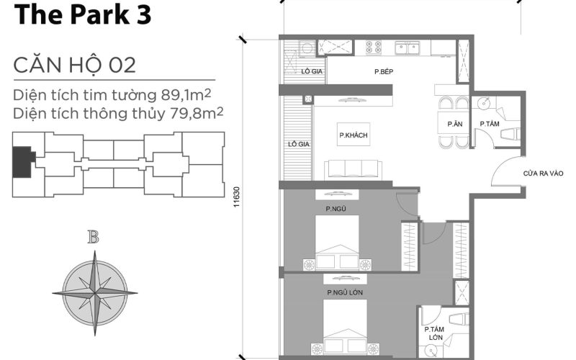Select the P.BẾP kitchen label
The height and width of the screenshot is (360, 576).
point(382,72)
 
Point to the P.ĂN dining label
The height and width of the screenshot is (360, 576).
point(454,124)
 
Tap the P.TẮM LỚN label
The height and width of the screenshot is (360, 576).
point(434,333)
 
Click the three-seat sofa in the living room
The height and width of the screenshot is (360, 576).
point(352,169)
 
